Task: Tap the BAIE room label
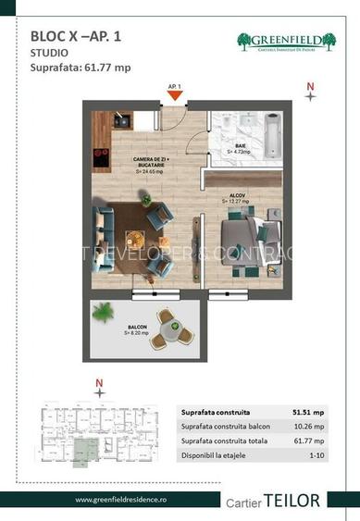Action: (x=239, y=149)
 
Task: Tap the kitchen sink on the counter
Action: (x=121, y=120)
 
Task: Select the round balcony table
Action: (x=168, y=328)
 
